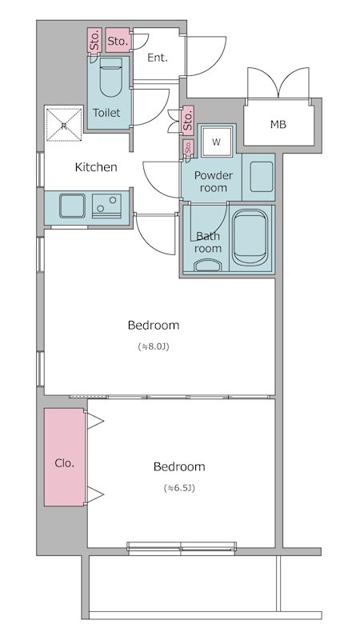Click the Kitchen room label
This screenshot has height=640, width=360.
[96, 167]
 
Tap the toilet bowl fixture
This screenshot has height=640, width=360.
[110, 77]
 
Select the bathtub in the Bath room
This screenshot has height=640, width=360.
[250, 237]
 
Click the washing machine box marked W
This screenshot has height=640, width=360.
[216, 142]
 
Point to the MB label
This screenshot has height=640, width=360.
[278, 125]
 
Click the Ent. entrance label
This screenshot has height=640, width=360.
[158, 58]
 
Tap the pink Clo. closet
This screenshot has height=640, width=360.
[65, 457]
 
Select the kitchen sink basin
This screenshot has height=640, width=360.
[72, 206]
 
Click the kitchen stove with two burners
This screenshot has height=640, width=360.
[106, 206]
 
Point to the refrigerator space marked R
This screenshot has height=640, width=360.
[64, 125]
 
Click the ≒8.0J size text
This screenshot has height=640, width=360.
[153, 347]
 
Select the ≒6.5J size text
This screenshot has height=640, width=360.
[178, 488]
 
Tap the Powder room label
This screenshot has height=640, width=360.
[214, 182]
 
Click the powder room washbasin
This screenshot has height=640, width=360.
[262, 177]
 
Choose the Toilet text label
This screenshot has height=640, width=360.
[106, 113]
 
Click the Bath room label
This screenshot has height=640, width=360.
[208, 242]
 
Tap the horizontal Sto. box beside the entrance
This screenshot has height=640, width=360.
[118, 40]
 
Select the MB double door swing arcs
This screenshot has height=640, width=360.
[278, 82]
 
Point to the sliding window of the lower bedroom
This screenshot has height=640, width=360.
[182, 548]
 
